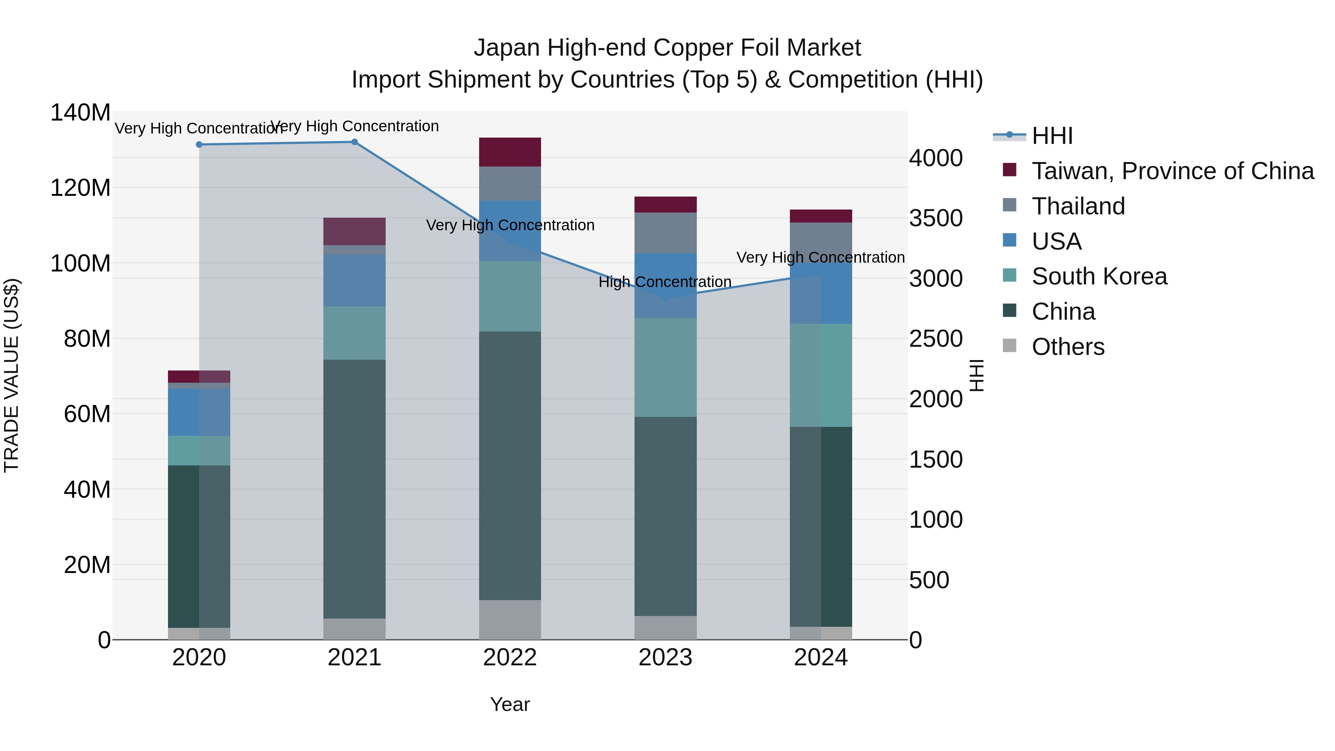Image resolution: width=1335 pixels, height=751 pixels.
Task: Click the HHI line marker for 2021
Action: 355,142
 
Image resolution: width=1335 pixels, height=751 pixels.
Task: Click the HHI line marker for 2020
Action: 199,145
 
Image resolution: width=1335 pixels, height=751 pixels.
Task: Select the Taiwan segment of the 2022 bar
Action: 510,152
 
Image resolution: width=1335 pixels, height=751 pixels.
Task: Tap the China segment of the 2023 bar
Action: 665,516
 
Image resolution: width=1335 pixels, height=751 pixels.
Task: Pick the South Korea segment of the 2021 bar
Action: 354,333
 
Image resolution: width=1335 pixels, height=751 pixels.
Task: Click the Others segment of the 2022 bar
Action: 510,619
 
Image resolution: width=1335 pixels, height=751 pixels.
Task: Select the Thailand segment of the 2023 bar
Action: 665,232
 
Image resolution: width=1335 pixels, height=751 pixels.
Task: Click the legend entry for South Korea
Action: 1099,276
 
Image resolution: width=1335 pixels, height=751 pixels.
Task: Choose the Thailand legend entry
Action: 1078,206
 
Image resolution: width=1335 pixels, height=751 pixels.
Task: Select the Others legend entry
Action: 1068,347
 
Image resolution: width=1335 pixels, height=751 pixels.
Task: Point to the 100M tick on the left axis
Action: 80,263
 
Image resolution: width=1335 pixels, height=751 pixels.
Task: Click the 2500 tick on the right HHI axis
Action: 936,339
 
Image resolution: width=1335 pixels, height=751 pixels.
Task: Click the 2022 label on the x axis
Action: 510,658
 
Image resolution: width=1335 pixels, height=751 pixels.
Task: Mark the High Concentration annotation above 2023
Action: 665,282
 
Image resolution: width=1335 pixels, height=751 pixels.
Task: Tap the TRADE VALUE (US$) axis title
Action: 11,375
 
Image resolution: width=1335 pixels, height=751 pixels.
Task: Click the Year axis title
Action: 510,704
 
